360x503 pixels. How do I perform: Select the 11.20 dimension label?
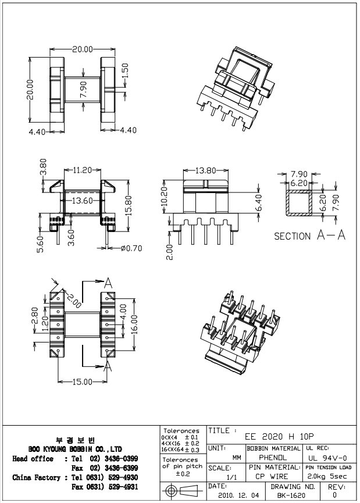pyautogui.click(x=84, y=170)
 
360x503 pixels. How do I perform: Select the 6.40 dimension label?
pyautogui.click(x=259, y=206)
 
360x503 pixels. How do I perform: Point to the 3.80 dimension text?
pyautogui.click(x=44, y=169)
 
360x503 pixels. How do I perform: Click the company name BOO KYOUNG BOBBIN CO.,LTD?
pyautogui.click(x=75, y=449)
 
